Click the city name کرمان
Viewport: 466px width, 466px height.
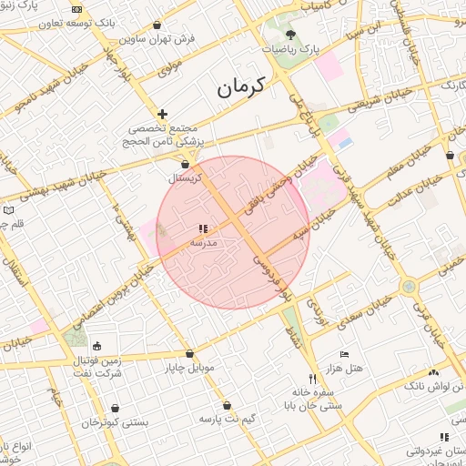coord(239,87)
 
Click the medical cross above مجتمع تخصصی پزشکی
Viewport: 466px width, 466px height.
coord(162,114)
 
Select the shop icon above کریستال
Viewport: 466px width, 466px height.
coord(186,164)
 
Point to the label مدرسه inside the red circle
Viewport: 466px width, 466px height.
coord(202,244)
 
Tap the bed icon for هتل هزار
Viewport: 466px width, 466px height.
coord(344,354)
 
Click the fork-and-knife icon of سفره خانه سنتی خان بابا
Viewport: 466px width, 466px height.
coord(312,379)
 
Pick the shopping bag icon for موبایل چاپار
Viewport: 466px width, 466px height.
coord(189,354)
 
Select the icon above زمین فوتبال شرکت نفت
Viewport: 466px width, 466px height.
coord(96,345)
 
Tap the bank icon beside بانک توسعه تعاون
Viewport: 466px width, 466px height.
coord(76,10)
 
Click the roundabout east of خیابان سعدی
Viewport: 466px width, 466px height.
coord(409,287)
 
